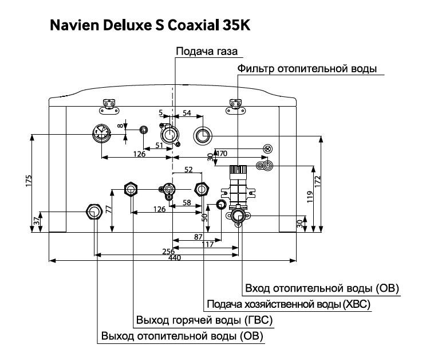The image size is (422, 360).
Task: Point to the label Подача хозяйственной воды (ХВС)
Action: pyautogui.click(x=288, y=304)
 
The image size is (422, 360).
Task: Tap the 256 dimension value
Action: pyautogui.click(x=168, y=251)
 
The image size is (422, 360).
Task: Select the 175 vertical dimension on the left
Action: pyautogui.click(x=28, y=180)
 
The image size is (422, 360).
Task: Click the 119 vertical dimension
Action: pyautogui.click(x=310, y=198)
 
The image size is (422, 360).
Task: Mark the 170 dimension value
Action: pyautogui.click(x=222, y=154)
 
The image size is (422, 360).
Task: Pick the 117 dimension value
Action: pyautogui.click(x=207, y=244)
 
